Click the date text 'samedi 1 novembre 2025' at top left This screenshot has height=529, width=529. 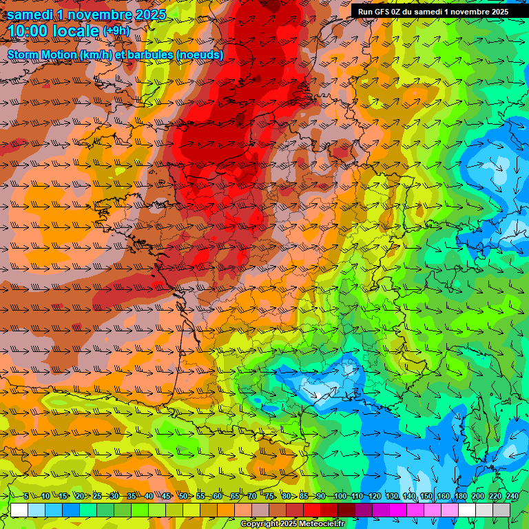tap(87, 14)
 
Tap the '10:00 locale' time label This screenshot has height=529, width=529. tap(54, 31)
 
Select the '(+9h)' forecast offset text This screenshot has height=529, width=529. tap(116, 31)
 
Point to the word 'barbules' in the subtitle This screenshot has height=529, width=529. tap(172, 54)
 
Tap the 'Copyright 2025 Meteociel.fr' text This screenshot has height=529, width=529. tap(292, 524)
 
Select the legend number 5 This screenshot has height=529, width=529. tap(25, 497)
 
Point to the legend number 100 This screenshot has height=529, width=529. tap(340, 497)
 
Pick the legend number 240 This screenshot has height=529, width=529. tap(512, 497)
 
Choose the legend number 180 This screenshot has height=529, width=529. tap(460, 497)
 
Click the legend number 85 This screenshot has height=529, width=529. tap(304, 497)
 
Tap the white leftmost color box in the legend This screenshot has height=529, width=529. tap(19, 510)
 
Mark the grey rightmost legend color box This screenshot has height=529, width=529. tap(501, 510)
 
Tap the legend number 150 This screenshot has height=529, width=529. tap(426, 497)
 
